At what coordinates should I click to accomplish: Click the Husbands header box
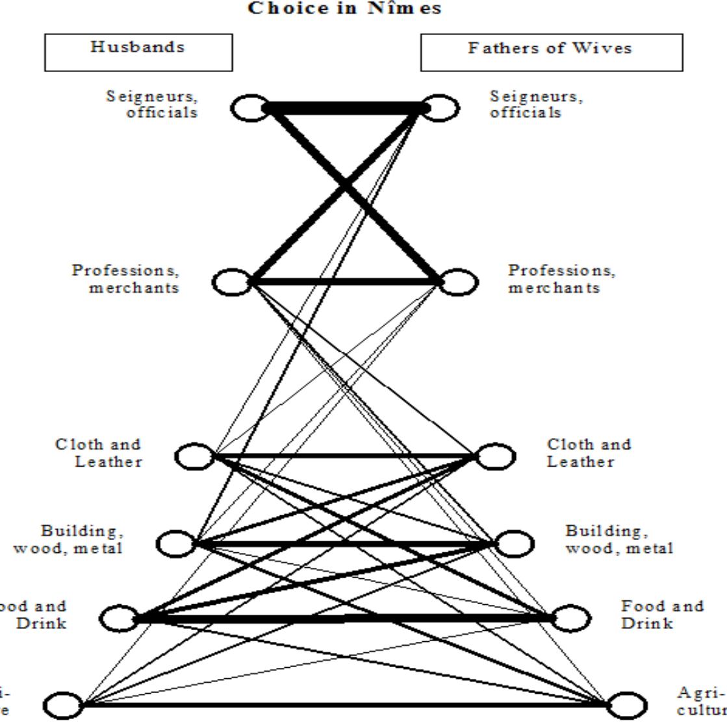click(x=138, y=52)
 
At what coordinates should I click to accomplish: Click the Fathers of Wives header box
click(x=551, y=52)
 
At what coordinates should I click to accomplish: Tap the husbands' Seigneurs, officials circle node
click(x=250, y=108)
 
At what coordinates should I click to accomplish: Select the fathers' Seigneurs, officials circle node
click(x=441, y=108)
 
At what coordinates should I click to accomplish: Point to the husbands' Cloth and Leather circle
click(x=194, y=456)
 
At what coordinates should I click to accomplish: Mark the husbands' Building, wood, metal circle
click(x=175, y=543)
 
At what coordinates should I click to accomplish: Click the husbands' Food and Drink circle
click(x=119, y=618)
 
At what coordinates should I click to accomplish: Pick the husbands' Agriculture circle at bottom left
click(x=63, y=705)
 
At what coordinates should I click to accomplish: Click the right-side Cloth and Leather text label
click(x=588, y=453)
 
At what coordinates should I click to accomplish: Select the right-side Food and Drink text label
click(x=662, y=615)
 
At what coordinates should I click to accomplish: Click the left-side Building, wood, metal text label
click(x=69, y=540)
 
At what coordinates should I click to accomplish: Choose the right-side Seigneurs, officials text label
click(x=536, y=104)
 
